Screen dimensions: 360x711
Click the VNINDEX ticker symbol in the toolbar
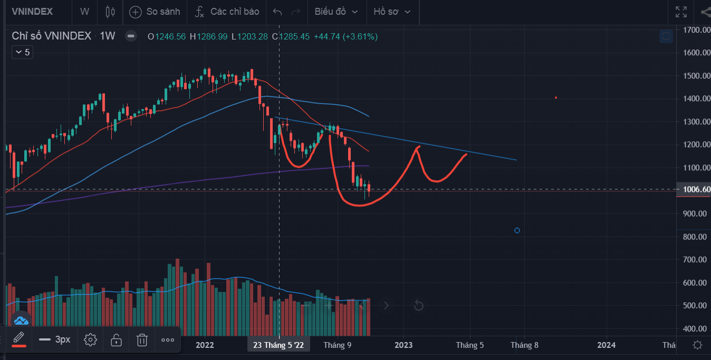[x=32, y=12]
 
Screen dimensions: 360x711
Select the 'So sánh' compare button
[x=155, y=12]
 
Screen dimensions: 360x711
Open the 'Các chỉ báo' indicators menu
[x=227, y=12]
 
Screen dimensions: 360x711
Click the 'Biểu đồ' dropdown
[x=336, y=12]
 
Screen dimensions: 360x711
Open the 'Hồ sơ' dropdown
[x=392, y=12]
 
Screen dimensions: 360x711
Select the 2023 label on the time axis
[x=403, y=345]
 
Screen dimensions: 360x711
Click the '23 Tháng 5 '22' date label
[x=278, y=345]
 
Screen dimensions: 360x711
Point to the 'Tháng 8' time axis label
[x=524, y=345]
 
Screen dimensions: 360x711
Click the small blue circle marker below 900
[x=517, y=230]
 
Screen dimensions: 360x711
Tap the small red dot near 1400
[x=556, y=98]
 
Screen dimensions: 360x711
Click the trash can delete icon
[x=142, y=340]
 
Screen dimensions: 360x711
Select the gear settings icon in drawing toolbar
[x=90, y=340]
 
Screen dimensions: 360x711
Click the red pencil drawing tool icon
[x=19, y=338]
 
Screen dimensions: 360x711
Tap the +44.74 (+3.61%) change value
[x=345, y=36]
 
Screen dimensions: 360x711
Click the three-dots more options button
[x=168, y=340]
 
